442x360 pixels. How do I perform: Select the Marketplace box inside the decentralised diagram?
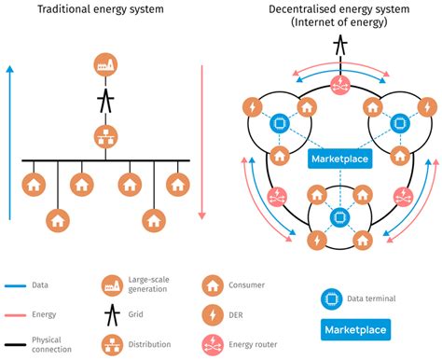point(339,158)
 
